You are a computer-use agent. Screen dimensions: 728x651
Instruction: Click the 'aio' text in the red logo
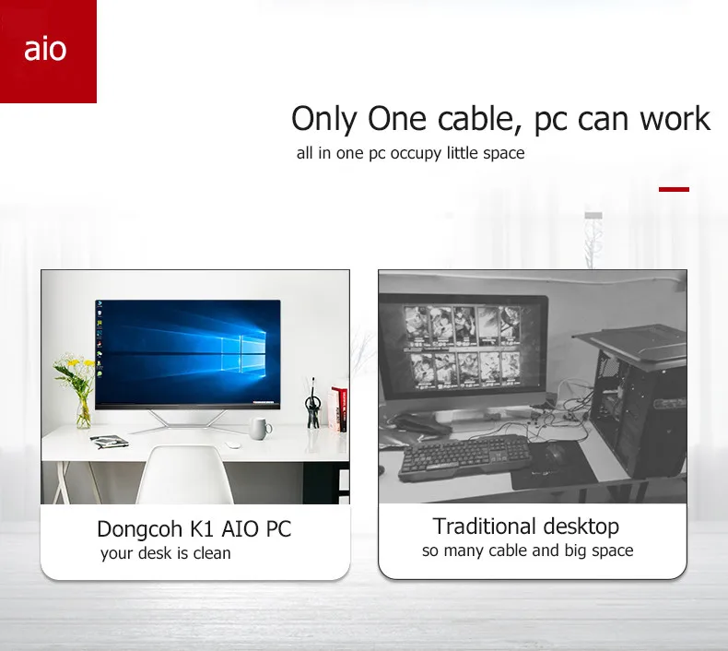pyautogui.click(x=45, y=50)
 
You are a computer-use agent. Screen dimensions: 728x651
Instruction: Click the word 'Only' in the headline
pyautogui.click(x=324, y=120)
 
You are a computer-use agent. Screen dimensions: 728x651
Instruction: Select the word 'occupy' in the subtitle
pyautogui.click(x=416, y=153)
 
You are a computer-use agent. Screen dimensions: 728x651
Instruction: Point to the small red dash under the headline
pyautogui.click(x=674, y=189)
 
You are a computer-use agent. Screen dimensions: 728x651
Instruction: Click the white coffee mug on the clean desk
pyautogui.click(x=259, y=428)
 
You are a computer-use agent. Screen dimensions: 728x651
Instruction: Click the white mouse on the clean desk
pyautogui.click(x=232, y=444)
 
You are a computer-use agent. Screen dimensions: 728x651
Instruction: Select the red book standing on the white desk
pyautogui.click(x=340, y=408)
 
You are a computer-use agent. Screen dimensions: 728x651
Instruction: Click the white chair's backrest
pyautogui.click(x=184, y=475)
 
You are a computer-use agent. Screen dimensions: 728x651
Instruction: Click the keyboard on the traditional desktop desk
pyautogui.click(x=465, y=456)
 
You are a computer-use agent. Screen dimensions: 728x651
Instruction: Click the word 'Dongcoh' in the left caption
pyautogui.click(x=139, y=529)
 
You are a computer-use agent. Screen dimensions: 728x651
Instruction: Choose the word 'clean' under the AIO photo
pyautogui.click(x=212, y=553)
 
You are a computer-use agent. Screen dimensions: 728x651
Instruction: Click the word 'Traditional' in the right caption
pyautogui.click(x=484, y=527)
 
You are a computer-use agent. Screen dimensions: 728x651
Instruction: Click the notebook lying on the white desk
pyautogui.click(x=109, y=441)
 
